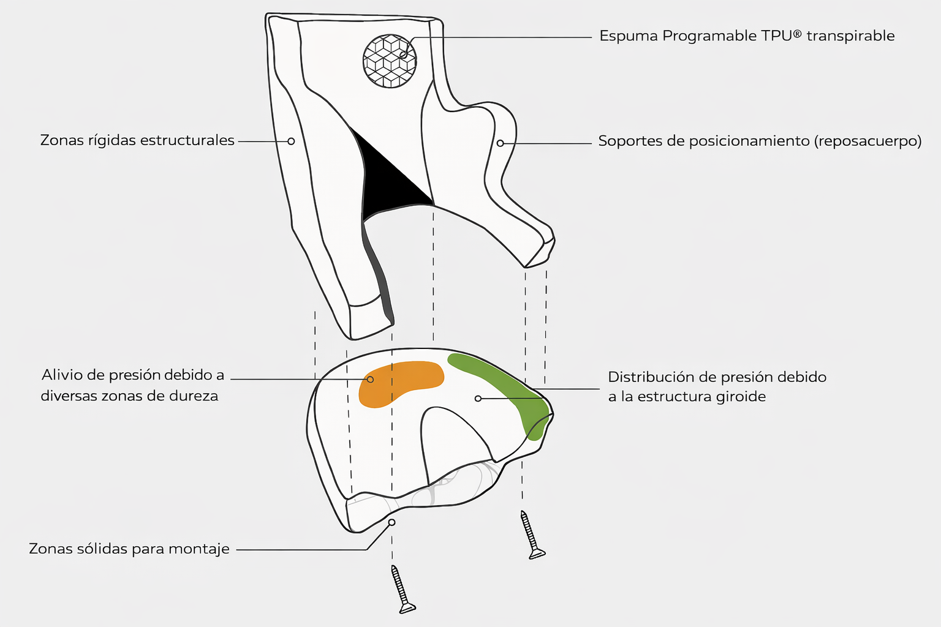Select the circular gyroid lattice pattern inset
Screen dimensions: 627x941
[390, 61]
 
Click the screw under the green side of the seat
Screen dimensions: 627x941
[532, 535]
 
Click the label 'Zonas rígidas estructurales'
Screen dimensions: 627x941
[137, 140]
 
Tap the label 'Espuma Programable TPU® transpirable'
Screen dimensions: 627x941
[747, 36]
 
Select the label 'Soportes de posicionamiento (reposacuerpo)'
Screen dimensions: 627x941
[760, 141]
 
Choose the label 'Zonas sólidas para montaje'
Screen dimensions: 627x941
[129, 549]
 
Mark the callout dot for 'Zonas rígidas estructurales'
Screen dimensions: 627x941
[291, 141]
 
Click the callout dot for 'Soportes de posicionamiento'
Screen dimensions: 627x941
[501, 143]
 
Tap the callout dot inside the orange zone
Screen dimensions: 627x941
[370, 379]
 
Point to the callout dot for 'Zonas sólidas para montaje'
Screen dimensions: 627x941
[392, 522]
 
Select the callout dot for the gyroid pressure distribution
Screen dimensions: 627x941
[478, 399]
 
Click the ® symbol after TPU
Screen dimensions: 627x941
[797, 34]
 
